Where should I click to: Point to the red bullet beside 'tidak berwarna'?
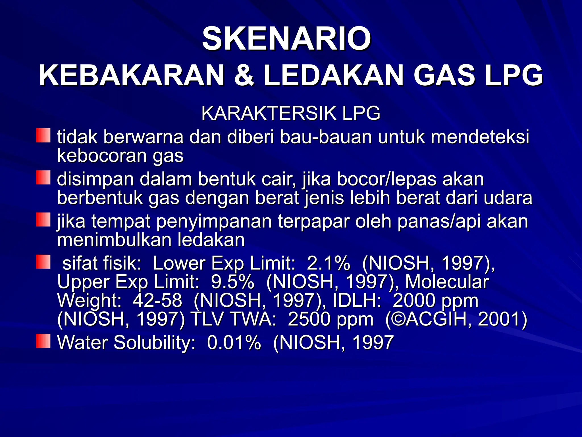pos(43,135)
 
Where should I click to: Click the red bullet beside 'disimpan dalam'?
pos(43,178)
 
